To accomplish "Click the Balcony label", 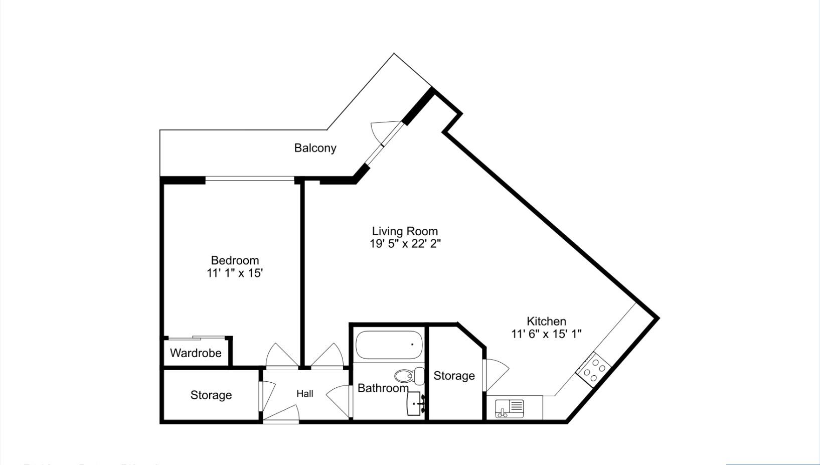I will [x=315, y=148].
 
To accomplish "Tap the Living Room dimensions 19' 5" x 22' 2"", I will [x=405, y=244].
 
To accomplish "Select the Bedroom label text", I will [x=235, y=260].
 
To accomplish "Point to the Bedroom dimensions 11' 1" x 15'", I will [x=235, y=273].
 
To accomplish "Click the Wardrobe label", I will [x=196, y=353].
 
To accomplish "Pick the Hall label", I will [x=305, y=394].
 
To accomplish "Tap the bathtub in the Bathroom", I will [x=389, y=345].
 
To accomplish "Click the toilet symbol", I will [x=410, y=375].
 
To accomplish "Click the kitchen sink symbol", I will [x=509, y=408].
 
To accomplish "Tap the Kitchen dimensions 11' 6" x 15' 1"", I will [x=546, y=334].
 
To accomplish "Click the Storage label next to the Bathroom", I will [x=454, y=376].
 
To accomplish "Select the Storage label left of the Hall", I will [x=211, y=395].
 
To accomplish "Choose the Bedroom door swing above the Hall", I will [x=281, y=355].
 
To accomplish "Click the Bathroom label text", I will [x=383, y=388].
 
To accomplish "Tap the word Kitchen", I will [x=546, y=322].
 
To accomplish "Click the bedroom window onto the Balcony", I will [x=249, y=179].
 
